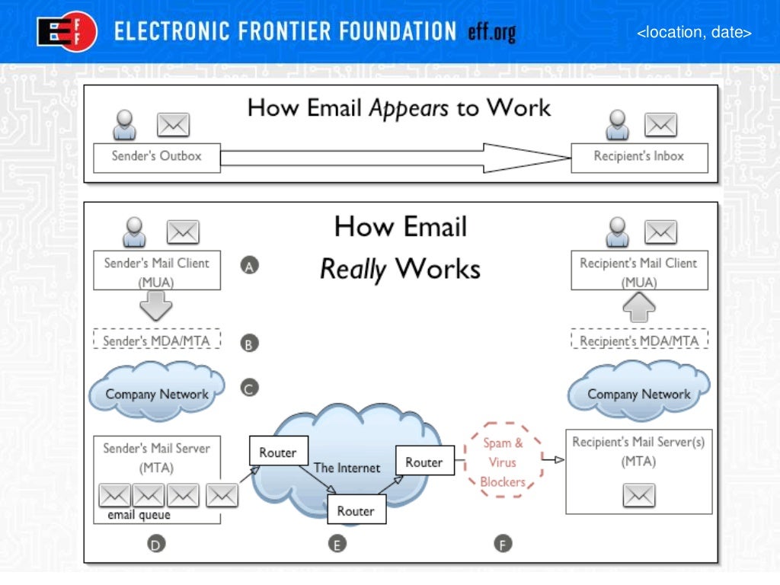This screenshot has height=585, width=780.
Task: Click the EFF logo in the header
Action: [x=67, y=33]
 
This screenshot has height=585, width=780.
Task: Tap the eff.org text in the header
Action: [x=492, y=32]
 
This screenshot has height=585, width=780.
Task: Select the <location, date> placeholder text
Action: [x=694, y=33]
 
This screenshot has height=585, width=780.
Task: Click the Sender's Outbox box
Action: [x=157, y=157]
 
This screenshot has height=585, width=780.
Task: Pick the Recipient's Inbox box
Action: [x=639, y=157]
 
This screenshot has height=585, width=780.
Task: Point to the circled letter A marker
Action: [x=250, y=265]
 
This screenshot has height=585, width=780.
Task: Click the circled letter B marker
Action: [x=250, y=344]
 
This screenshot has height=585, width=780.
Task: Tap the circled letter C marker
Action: [x=250, y=388]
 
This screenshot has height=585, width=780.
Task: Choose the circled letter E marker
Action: [x=336, y=543]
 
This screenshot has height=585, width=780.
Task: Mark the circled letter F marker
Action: [x=502, y=543]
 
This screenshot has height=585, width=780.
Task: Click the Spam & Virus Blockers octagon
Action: [x=503, y=462]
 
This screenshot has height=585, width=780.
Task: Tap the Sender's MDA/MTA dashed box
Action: [x=157, y=340]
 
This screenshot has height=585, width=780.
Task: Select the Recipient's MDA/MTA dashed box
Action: [x=639, y=340]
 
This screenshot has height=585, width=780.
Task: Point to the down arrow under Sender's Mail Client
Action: [x=157, y=306]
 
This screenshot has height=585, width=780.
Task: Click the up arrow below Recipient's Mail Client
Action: [x=639, y=306]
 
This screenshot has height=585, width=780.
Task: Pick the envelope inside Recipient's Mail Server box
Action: [x=639, y=496]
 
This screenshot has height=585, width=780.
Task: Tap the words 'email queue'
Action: [x=139, y=515]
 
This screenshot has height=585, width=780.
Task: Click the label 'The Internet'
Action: [x=347, y=468]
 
